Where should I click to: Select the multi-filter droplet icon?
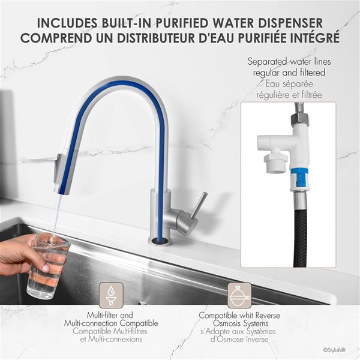111,295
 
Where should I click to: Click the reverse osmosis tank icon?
239,295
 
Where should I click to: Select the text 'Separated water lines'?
289,62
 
